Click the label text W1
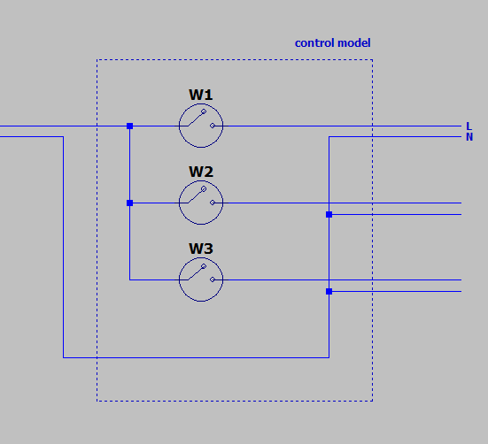[x=201, y=95]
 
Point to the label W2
[x=201, y=172]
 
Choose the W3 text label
[x=201, y=249]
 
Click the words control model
[x=332, y=42]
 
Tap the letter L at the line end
[x=469, y=126]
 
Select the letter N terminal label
[x=469, y=137]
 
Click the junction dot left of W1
[x=130, y=126]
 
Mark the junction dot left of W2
[x=130, y=203]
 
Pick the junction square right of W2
[x=329, y=214]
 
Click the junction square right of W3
[x=329, y=292]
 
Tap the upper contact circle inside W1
[x=204, y=111]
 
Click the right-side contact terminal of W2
[x=213, y=203]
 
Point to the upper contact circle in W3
[x=204, y=266]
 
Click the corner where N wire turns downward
[x=329, y=137]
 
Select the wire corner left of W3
[x=130, y=280]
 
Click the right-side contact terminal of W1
[x=213, y=126]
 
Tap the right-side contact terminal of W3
[x=213, y=279]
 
